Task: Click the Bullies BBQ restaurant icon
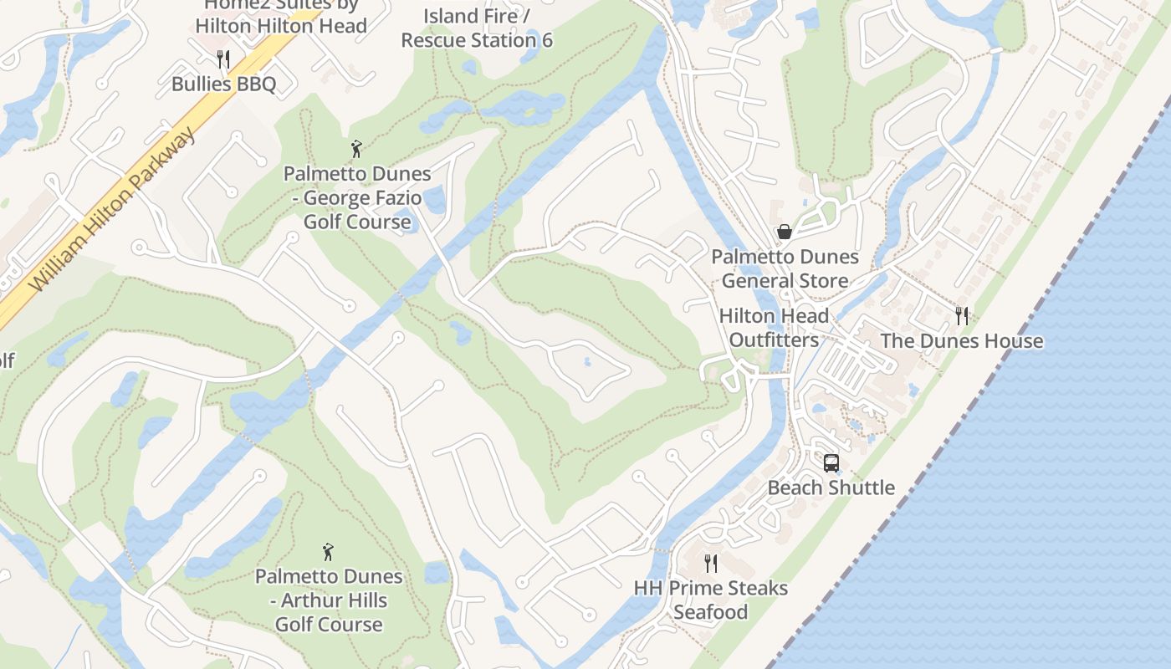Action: [223, 59]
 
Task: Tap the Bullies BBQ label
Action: [223, 84]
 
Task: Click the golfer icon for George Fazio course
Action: [357, 149]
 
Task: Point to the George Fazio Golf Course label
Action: [357, 198]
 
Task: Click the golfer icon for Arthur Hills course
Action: [329, 552]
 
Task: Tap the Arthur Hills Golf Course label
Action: [329, 600]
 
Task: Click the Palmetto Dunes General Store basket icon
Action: [785, 231]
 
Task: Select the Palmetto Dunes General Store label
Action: [785, 268]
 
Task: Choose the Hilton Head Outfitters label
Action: [774, 328]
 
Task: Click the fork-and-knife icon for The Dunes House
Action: [962, 315]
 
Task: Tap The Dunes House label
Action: [962, 341]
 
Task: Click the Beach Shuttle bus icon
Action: [831, 462]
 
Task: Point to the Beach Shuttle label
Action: [831, 488]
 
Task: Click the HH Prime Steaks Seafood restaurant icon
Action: [711, 563]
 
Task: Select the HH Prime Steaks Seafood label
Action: [711, 600]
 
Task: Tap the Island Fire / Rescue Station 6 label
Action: [477, 28]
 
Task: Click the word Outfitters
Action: [774, 340]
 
